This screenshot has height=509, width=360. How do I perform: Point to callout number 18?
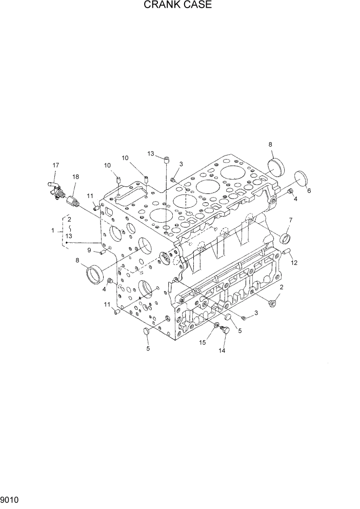tap(75, 177)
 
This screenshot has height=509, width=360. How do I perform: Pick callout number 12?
tap(294, 263)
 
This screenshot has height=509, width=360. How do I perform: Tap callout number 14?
tap(223, 351)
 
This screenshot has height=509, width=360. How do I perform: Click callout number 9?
tap(89, 250)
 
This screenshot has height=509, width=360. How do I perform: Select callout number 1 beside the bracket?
tap(53, 231)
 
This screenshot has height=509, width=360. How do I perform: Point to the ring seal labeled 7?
tap(285, 239)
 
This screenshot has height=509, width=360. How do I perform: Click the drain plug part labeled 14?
tap(224, 332)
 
